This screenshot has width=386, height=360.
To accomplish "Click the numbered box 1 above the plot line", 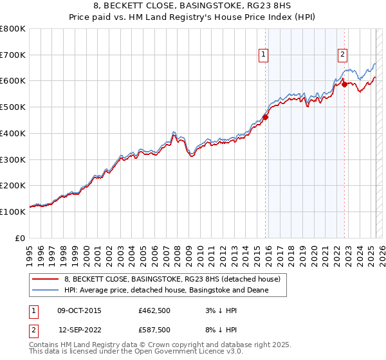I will tap(264, 55).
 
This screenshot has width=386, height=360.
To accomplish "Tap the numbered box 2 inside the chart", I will tap(343, 55).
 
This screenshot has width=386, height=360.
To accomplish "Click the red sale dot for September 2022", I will tap(344, 84).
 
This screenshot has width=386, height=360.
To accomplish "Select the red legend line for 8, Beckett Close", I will tap(45, 280).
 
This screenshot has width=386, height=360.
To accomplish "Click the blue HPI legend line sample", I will tap(45, 291).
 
